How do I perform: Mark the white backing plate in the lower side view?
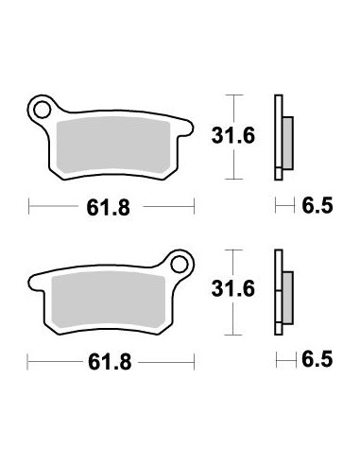(278, 293)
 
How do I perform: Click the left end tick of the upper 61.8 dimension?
(29, 205)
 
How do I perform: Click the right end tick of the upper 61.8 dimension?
(194, 205)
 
